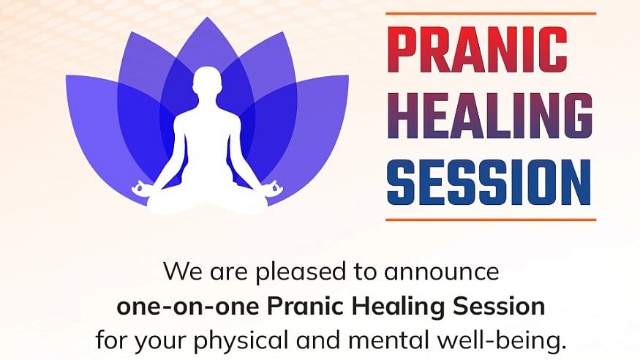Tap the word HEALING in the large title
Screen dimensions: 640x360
[x=490, y=116]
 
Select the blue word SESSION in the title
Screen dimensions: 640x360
[x=489, y=182]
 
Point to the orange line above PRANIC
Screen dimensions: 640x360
[x=491, y=13]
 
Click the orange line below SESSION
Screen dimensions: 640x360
[x=491, y=220]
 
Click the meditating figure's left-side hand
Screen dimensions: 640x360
[x=141, y=188]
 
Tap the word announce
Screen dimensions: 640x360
[x=442, y=272]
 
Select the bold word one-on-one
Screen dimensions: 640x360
[x=188, y=307]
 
